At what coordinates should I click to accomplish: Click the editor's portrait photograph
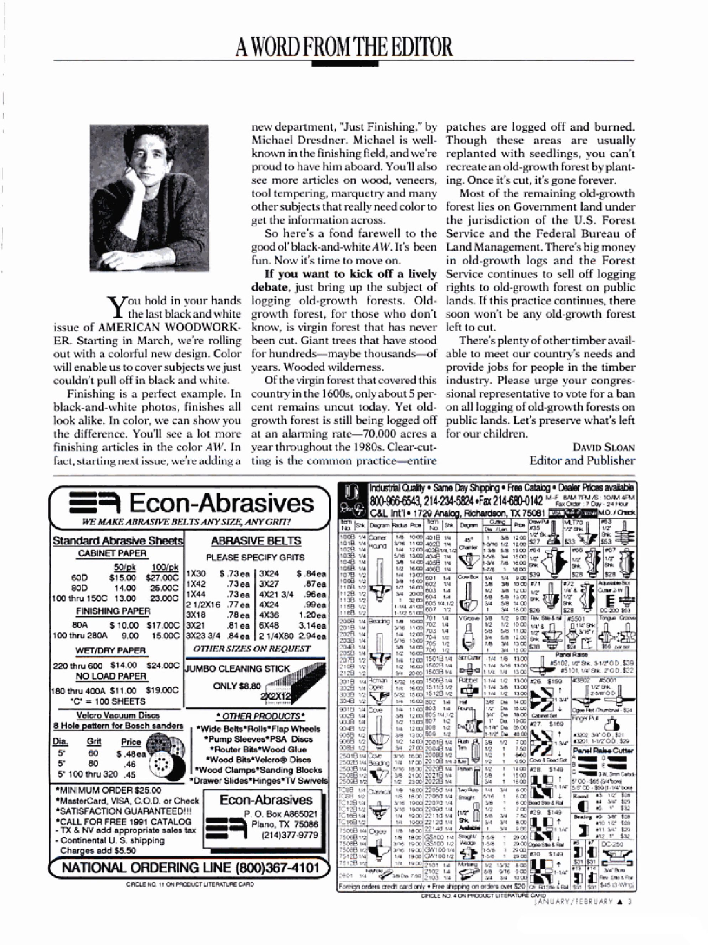tap(149, 198)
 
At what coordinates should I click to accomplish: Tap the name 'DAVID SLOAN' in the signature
tap(603, 447)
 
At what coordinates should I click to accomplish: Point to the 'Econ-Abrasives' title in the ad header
tap(221, 503)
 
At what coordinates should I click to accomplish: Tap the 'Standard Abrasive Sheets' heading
tap(118, 541)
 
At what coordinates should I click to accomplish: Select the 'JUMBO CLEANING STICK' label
tap(238, 668)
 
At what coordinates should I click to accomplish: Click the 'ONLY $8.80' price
tap(237, 686)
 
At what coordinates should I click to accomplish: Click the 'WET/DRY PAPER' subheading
tap(111, 650)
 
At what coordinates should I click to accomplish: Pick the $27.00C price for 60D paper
tap(162, 578)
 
